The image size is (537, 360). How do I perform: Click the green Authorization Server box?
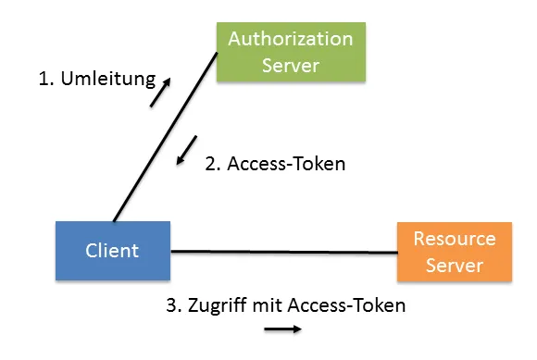[x=290, y=52]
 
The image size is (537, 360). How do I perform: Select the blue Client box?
[x=112, y=250]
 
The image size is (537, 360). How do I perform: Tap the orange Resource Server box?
[x=454, y=252]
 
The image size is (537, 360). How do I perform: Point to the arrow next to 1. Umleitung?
[x=160, y=93]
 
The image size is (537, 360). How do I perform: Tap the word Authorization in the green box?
[x=290, y=39]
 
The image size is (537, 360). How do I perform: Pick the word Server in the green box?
[x=290, y=65]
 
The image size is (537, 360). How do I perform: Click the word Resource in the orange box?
[x=454, y=239]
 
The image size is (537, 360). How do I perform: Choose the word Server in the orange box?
[x=454, y=265]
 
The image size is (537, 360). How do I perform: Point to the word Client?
[x=112, y=250]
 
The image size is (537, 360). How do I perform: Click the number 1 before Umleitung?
[x=44, y=79]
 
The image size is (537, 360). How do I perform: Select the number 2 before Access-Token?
[x=211, y=164]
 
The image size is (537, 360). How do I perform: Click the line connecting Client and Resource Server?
[x=283, y=251]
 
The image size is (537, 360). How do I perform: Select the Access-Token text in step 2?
[x=286, y=164]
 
